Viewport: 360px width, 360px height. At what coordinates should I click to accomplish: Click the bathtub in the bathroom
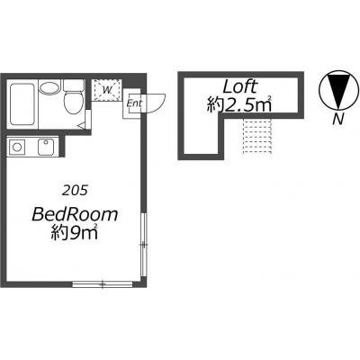pyautogui.click(x=22, y=104)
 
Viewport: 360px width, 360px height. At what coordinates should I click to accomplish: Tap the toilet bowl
pyautogui.click(x=73, y=103)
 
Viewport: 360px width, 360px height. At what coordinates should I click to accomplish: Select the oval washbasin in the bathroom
pyautogui.click(x=49, y=87)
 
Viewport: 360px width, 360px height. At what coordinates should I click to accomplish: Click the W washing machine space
pyautogui.click(x=106, y=89)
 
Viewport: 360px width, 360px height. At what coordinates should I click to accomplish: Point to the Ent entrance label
pyautogui.click(x=134, y=103)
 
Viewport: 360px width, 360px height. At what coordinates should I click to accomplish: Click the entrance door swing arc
pyautogui.click(x=158, y=105)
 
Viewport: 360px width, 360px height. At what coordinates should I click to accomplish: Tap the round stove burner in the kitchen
pyautogui.click(x=17, y=147)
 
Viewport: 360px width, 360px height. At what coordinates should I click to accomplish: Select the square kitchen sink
pyautogui.click(x=46, y=147)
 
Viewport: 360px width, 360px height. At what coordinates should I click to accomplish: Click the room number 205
pyautogui.click(x=75, y=190)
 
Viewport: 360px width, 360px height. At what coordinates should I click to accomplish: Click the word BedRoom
pyautogui.click(x=75, y=214)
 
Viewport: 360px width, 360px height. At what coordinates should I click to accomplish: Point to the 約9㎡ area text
pyautogui.click(x=75, y=232)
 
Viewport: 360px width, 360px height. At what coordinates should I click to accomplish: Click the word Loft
pyautogui.click(x=240, y=86)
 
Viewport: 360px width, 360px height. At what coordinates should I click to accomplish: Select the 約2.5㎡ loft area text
pyautogui.click(x=239, y=104)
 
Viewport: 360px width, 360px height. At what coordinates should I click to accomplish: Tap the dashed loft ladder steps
pyautogui.click(x=257, y=137)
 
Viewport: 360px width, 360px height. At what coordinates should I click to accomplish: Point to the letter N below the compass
pyautogui.click(x=338, y=120)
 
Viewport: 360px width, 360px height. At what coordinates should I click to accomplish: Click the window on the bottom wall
pyautogui.click(x=103, y=283)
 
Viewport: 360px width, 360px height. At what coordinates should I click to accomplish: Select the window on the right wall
pyautogui.click(x=144, y=245)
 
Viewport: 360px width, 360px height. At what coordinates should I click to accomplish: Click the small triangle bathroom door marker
pyautogui.click(x=82, y=126)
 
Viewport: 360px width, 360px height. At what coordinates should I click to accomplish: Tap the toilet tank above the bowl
pyautogui.click(x=74, y=85)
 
